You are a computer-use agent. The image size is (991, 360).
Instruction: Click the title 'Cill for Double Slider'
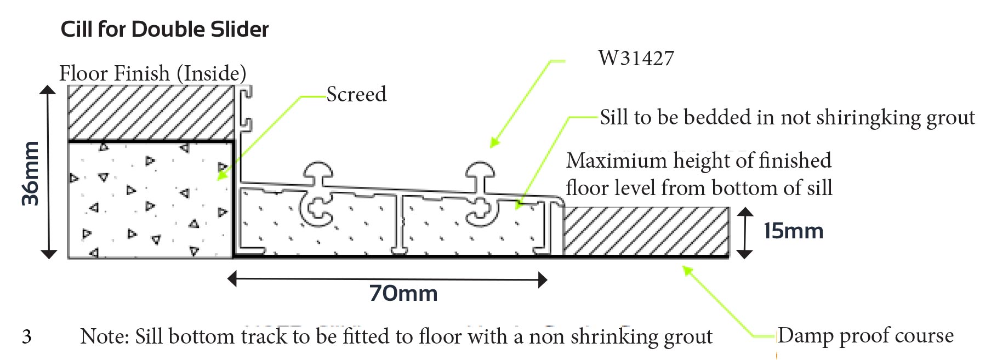click(164, 29)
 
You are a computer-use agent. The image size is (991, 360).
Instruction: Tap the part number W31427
click(636, 58)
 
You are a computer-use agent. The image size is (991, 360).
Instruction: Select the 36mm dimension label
click(31, 173)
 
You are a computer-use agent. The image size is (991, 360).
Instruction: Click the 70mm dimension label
click(403, 294)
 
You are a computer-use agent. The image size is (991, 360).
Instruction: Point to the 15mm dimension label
click(794, 231)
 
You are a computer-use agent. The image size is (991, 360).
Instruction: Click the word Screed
click(356, 94)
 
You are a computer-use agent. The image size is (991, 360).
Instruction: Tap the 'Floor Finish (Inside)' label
click(153, 73)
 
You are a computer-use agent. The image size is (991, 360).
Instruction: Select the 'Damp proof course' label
click(865, 335)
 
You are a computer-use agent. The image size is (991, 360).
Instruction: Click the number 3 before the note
click(27, 336)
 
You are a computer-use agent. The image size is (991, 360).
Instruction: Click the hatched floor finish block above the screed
click(151, 113)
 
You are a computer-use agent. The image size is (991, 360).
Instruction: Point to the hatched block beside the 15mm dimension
click(646, 231)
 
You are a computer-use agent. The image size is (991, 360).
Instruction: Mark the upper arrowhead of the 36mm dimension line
click(48, 90)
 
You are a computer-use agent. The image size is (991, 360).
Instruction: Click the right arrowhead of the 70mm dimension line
click(543, 280)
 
